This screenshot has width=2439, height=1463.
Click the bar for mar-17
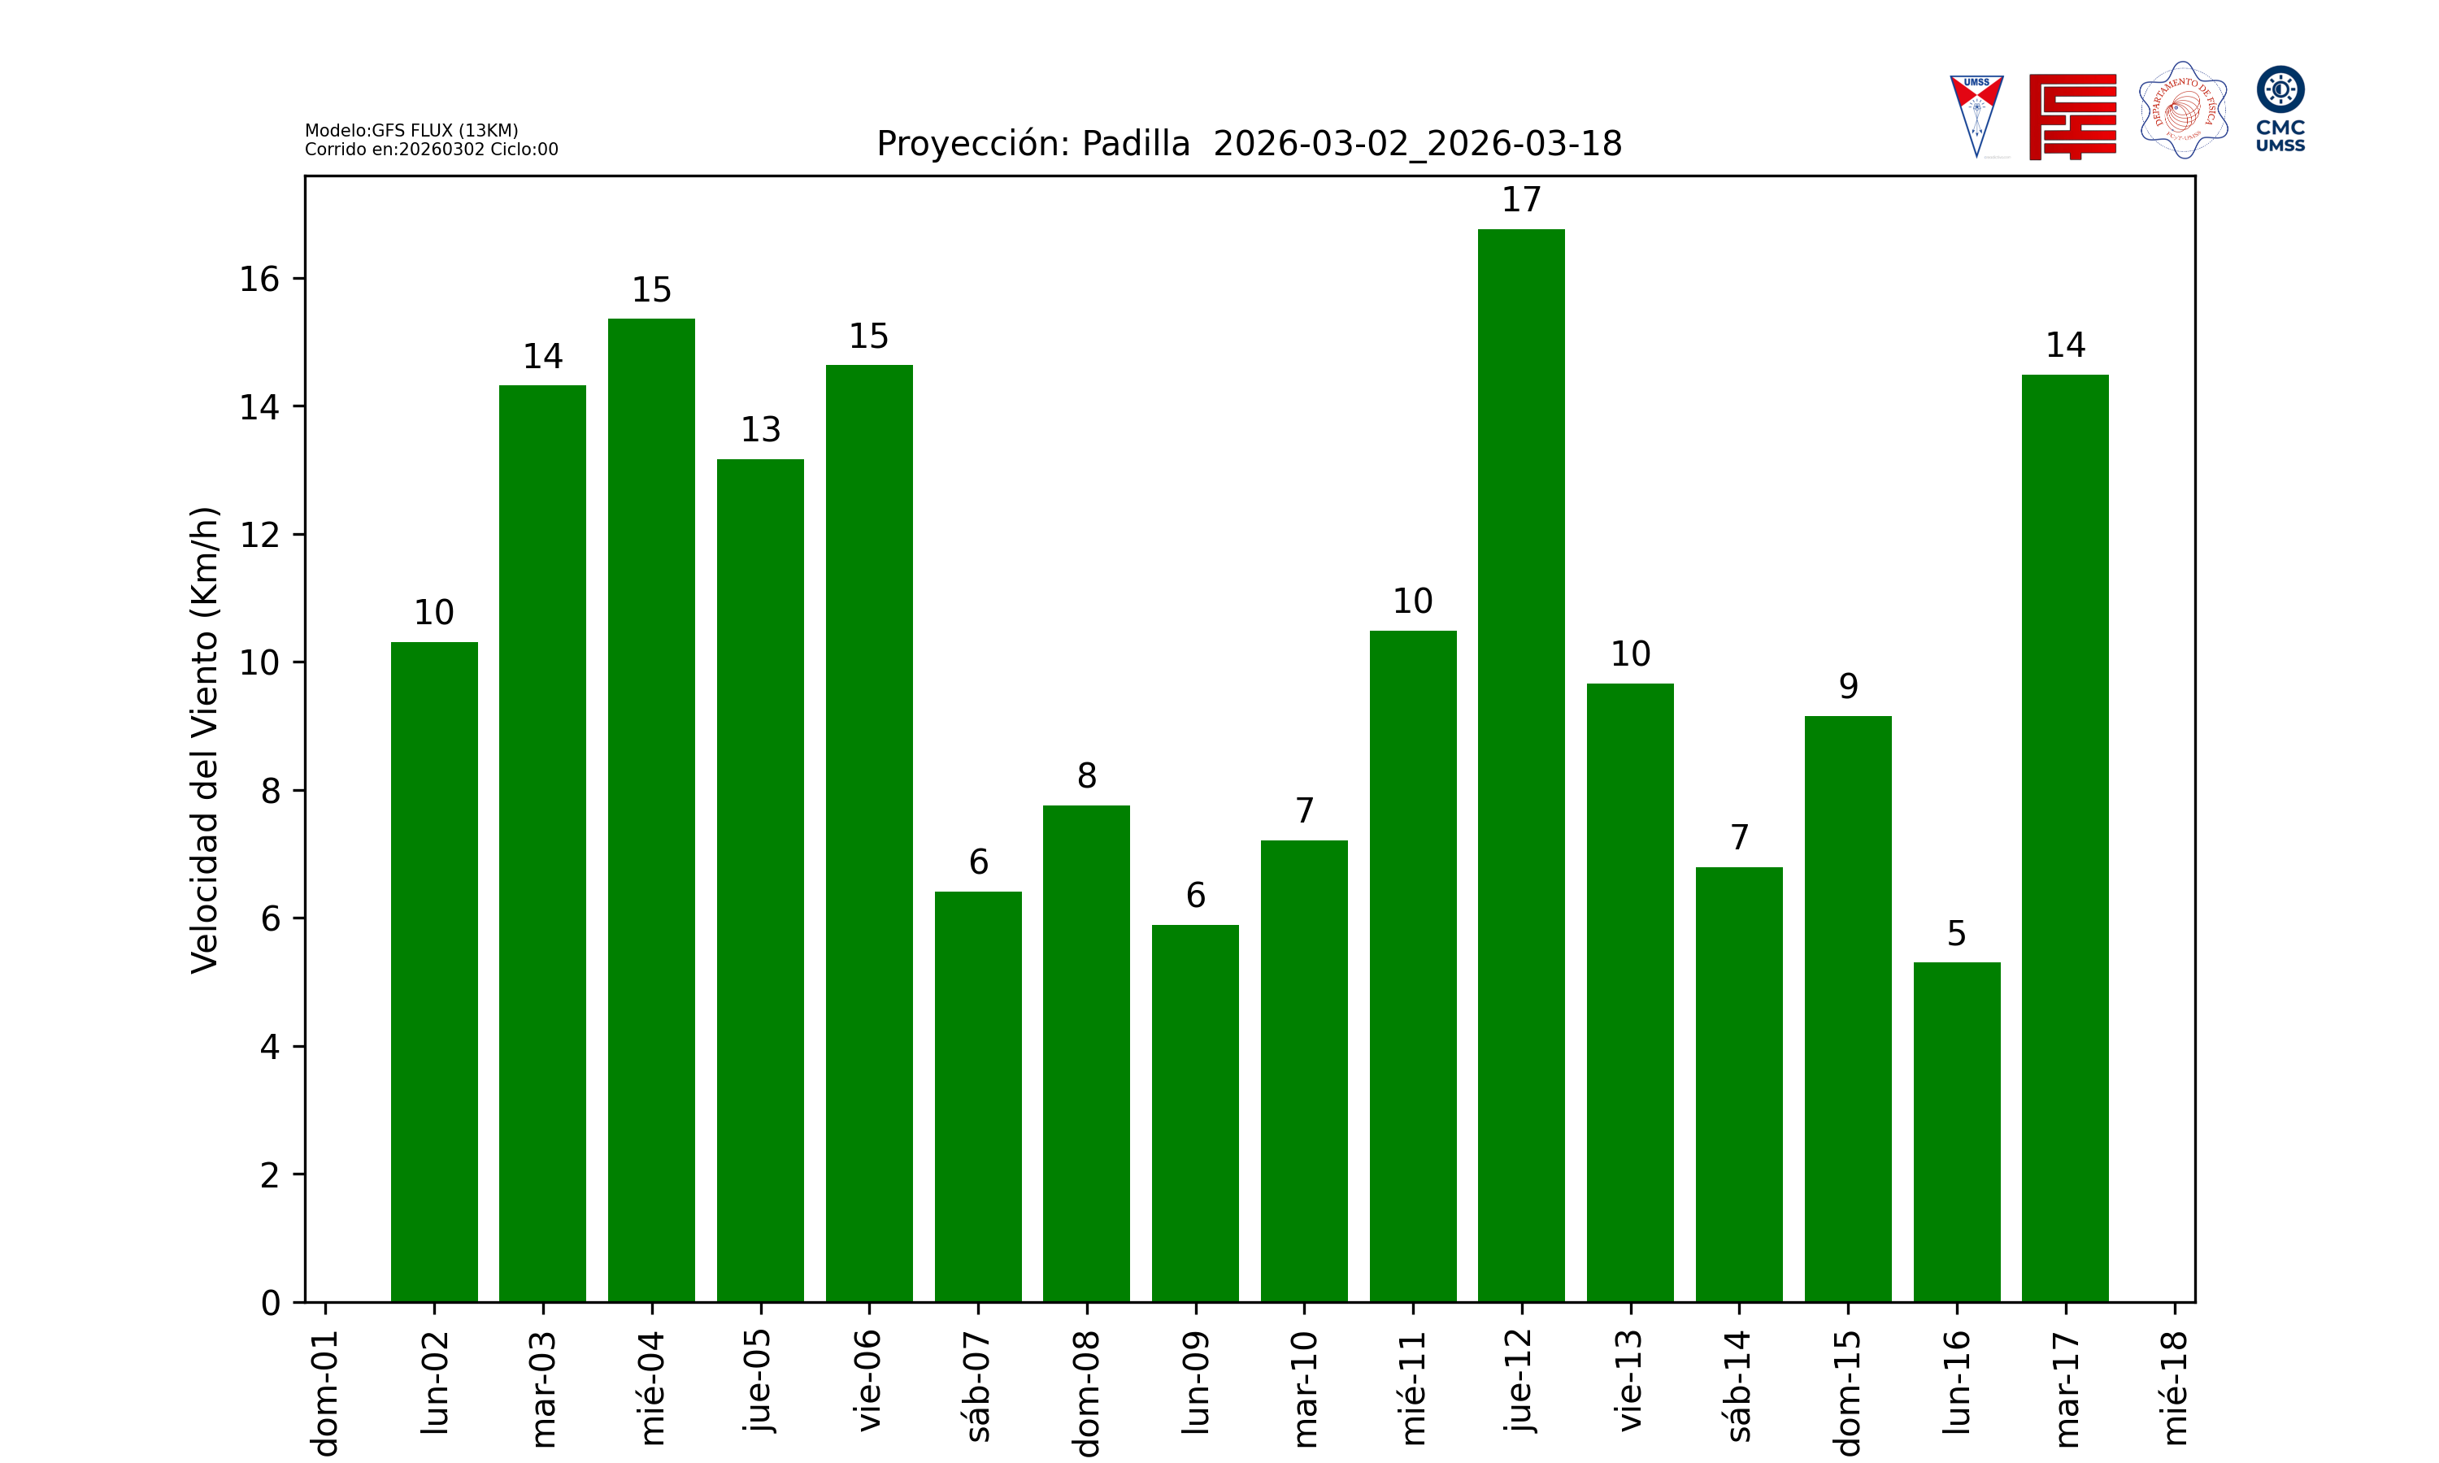click(x=2064, y=838)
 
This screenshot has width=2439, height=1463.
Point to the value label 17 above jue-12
click(x=1520, y=200)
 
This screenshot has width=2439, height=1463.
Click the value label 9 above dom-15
click(x=1847, y=686)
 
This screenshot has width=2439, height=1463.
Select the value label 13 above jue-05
click(x=760, y=430)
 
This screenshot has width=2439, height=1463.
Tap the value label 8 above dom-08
click(x=1086, y=776)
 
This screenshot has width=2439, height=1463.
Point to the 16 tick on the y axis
click(x=259, y=280)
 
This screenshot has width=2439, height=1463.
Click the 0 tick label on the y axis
click(x=270, y=1304)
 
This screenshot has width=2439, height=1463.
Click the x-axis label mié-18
click(x=2174, y=1387)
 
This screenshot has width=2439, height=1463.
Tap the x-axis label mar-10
click(x=1304, y=1388)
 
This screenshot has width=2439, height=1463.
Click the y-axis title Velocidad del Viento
click(x=204, y=740)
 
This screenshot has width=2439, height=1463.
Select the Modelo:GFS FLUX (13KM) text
click(x=411, y=130)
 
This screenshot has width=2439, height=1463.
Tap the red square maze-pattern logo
click(x=2072, y=116)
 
